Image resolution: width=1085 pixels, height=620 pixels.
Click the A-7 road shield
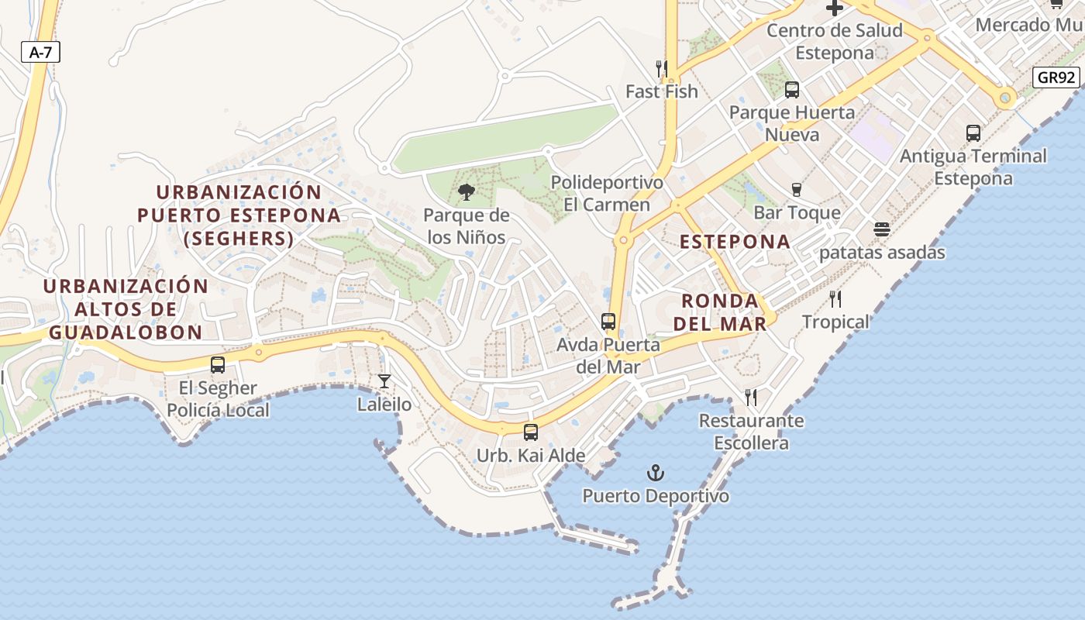40,53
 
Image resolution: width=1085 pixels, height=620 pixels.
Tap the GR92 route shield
1056,77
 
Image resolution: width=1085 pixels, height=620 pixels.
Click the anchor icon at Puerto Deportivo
656,472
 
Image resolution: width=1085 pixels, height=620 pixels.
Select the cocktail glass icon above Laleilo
384,381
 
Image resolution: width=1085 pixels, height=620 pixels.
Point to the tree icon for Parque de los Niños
466,191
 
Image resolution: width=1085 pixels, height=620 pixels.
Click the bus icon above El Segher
218,364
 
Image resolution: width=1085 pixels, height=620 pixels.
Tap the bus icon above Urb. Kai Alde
530,432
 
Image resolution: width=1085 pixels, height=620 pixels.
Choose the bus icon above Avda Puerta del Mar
608,321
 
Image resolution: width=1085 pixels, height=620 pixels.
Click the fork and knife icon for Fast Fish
661,68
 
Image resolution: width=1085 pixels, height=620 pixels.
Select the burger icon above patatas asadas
881,229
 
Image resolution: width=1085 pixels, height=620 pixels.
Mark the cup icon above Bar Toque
796,189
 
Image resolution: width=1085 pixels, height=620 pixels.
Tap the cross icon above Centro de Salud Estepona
835,9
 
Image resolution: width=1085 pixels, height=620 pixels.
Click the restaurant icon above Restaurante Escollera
750,398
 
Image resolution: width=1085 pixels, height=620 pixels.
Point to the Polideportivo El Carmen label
607,194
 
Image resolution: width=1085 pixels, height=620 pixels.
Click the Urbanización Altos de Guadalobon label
126,309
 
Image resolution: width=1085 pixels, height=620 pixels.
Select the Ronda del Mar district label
720,312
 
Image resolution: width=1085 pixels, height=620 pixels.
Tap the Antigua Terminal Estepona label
973,167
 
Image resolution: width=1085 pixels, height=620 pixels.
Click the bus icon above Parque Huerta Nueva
791,89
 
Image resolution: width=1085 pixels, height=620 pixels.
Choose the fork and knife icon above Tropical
835,299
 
